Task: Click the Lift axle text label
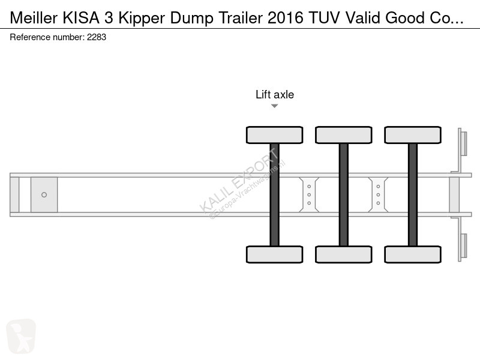pyautogui.click(x=275, y=94)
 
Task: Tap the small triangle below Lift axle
pyautogui.click(x=274, y=106)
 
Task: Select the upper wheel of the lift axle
pyautogui.click(x=274, y=135)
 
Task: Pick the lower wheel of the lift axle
pyautogui.click(x=274, y=254)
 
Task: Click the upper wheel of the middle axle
pyautogui.click(x=343, y=135)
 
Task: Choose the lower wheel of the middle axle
pyautogui.click(x=343, y=254)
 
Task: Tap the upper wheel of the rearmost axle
pyautogui.click(x=412, y=135)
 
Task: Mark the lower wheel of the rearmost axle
pyautogui.click(x=412, y=254)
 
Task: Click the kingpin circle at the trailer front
pyautogui.click(x=44, y=194)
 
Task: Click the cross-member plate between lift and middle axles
pyautogui.click(x=309, y=194)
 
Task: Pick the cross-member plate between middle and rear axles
pyautogui.click(x=378, y=194)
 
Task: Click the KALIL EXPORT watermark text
pyautogui.click(x=240, y=180)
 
